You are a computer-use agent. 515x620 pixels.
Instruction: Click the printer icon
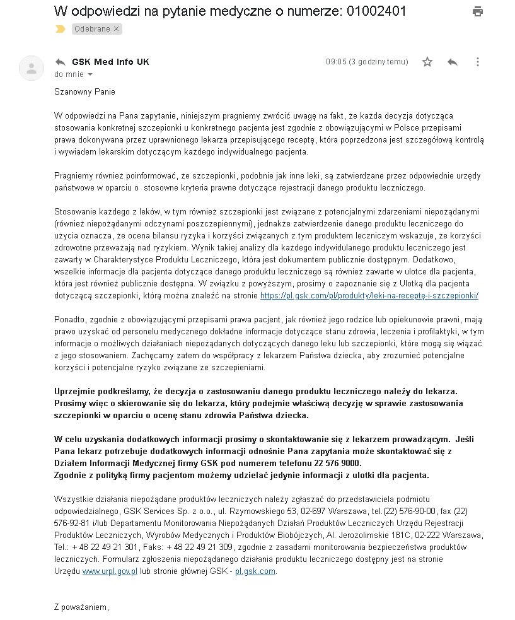478,11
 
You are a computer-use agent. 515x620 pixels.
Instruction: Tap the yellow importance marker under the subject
60,29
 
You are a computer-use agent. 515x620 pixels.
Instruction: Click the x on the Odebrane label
117,29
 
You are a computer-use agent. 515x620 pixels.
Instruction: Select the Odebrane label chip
92,29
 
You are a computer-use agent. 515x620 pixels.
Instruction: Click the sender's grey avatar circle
32,67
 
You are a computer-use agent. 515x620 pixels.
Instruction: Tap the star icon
427,62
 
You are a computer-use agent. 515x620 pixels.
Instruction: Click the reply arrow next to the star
452,62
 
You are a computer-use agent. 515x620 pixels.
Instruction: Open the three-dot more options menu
477,62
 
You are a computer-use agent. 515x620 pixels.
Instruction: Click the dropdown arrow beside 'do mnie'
90,74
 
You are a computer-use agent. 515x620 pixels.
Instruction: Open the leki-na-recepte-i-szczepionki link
369,295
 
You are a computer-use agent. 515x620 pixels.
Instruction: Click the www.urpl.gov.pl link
110,571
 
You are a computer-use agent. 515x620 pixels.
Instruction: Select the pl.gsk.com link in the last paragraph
255,571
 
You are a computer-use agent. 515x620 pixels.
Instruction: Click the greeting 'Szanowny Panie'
84,91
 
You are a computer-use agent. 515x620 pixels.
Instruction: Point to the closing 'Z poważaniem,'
81,607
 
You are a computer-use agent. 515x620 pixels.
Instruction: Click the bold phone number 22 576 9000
345,463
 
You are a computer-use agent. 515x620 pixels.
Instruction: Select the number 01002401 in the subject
376,11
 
